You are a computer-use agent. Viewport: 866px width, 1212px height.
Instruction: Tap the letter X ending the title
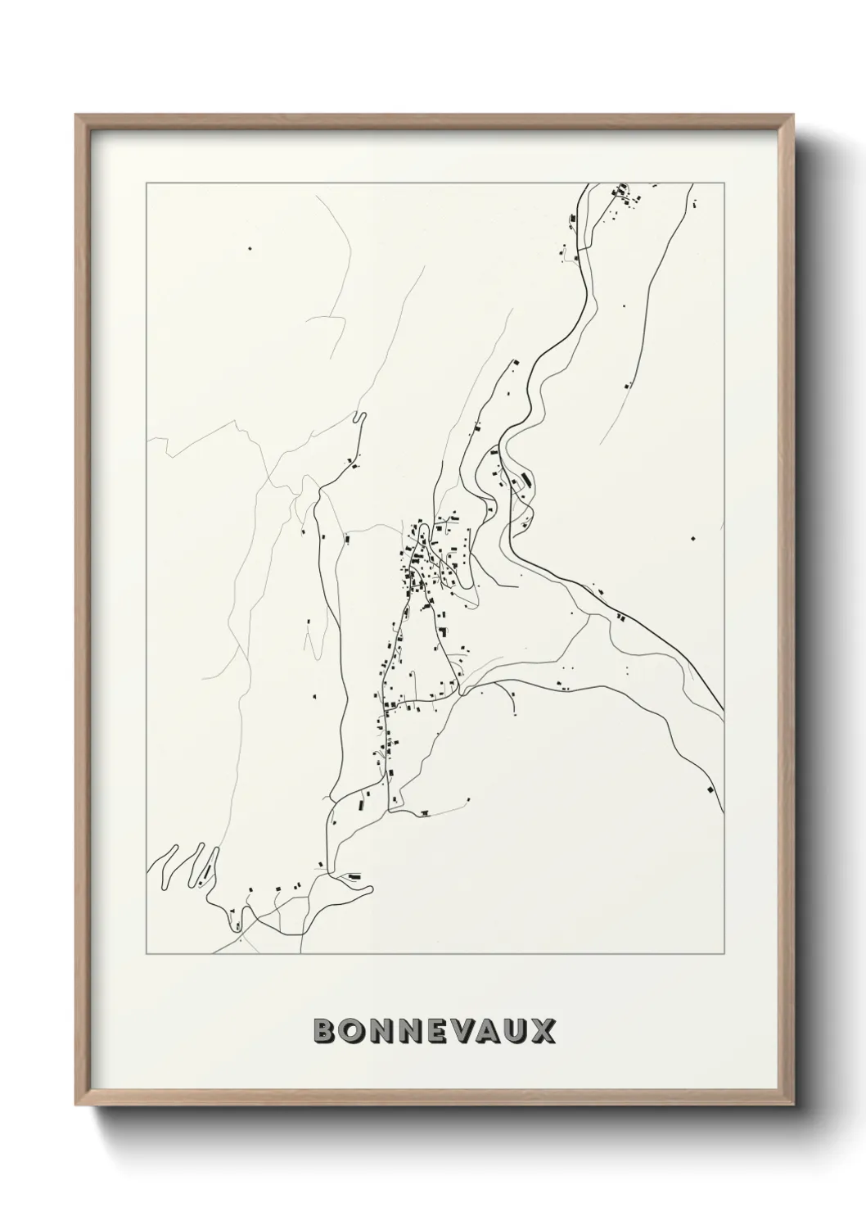pyautogui.click(x=542, y=1031)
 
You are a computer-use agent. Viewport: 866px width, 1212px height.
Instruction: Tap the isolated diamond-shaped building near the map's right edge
pyautogui.click(x=693, y=538)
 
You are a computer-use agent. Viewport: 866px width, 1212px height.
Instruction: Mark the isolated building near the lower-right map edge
pyautogui.click(x=710, y=789)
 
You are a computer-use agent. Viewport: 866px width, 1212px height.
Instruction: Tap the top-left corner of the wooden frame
pyautogui.click(x=76, y=115)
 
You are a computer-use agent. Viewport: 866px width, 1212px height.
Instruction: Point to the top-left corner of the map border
pyautogui.click(x=147, y=183)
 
